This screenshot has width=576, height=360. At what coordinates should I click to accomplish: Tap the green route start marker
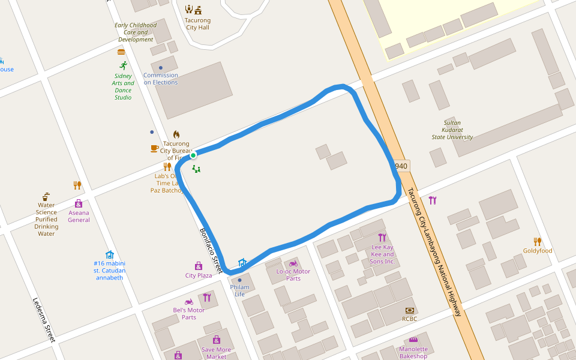tap(193, 155)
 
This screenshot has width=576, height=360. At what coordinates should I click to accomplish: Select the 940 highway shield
tap(401, 166)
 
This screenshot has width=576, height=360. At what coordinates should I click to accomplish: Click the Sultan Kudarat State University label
tap(452, 130)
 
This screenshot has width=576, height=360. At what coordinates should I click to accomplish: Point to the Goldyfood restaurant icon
tap(538, 241)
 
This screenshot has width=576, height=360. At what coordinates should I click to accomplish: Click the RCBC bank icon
tap(410, 310)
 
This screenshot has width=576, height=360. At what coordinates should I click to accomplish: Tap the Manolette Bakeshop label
tap(413, 352)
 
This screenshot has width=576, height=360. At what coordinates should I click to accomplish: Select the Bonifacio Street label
tap(211, 251)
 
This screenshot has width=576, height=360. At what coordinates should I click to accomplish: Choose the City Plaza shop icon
tap(199, 266)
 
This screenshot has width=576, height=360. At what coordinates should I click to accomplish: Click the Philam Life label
tap(239, 290)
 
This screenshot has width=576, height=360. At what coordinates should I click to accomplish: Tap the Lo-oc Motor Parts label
tap(293, 275)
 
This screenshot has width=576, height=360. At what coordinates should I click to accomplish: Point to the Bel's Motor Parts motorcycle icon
tap(188, 302)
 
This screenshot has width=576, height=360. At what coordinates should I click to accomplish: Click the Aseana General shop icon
tap(79, 203)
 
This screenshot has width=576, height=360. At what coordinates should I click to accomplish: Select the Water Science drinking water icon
tap(46, 196)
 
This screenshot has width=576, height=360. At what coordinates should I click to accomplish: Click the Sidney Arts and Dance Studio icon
tap(124, 65)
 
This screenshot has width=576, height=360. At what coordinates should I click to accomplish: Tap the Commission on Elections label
tap(160, 79)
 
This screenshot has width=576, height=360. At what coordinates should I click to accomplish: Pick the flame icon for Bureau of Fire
tap(176, 134)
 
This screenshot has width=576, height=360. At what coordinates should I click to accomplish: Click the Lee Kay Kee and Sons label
tap(382, 254)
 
